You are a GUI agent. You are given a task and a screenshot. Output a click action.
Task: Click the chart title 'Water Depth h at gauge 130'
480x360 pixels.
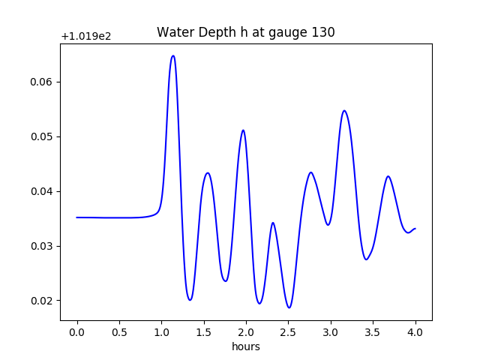click(245, 32)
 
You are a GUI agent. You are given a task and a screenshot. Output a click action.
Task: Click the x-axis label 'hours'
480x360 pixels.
click(245, 346)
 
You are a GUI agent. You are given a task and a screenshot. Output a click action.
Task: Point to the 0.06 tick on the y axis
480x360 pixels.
click(43, 82)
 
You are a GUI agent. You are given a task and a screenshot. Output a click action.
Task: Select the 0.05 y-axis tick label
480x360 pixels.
click(43, 136)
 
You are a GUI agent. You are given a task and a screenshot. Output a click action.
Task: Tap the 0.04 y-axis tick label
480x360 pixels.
click(43, 191)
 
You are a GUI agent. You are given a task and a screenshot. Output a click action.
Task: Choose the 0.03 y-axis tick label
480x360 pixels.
click(43, 246)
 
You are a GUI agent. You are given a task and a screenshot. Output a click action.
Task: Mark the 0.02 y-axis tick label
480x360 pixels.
click(43, 301)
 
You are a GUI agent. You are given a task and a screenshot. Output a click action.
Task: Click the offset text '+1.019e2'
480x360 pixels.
click(86, 36)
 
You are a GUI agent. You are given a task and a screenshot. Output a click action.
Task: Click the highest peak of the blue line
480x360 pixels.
click(173, 55)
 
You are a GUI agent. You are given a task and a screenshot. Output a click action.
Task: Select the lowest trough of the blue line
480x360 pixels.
click(289, 307)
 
